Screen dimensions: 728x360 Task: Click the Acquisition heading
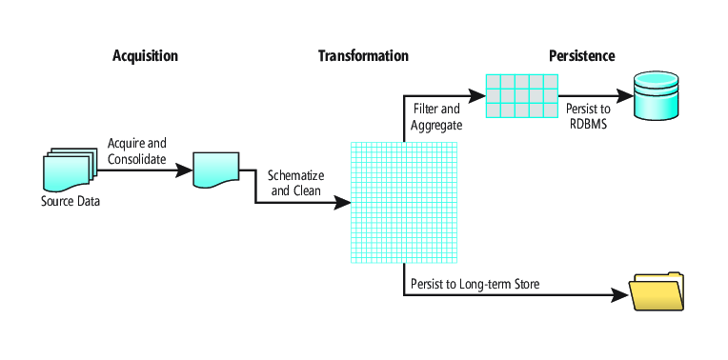click(145, 56)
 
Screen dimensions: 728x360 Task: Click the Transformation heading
click(363, 56)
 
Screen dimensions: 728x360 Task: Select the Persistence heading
click(582, 56)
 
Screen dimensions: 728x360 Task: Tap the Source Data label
click(71, 202)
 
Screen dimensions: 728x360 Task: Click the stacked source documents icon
click(70, 169)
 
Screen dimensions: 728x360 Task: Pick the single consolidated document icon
click(216, 170)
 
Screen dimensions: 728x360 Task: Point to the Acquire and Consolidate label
click(137, 150)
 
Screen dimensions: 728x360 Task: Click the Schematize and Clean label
click(295, 183)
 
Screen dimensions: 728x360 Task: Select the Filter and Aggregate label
click(436, 116)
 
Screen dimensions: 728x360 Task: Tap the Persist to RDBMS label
click(588, 116)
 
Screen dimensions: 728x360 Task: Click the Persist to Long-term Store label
click(475, 284)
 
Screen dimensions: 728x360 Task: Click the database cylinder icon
click(656, 95)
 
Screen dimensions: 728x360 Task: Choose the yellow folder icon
click(656, 290)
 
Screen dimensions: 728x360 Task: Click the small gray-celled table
click(522, 96)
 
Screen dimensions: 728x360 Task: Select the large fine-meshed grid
click(404, 203)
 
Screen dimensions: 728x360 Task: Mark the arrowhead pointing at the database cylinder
click(624, 96)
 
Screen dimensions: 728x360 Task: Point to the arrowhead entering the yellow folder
click(619, 294)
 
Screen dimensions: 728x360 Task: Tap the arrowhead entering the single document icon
click(184, 170)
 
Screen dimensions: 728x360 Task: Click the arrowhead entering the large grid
click(342, 203)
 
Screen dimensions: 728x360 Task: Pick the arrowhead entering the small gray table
click(476, 96)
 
